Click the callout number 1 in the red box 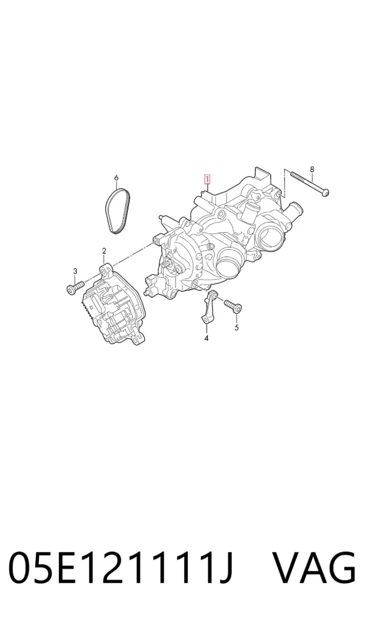click(x=207, y=179)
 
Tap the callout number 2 click(x=104, y=251)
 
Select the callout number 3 click(x=75, y=271)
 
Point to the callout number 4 click(x=206, y=337)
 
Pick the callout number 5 click(x=237, y=327)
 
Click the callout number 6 click(x=116, y=178)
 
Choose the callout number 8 click(x=312, y=170)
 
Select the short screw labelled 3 click(x=75, y=286)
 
